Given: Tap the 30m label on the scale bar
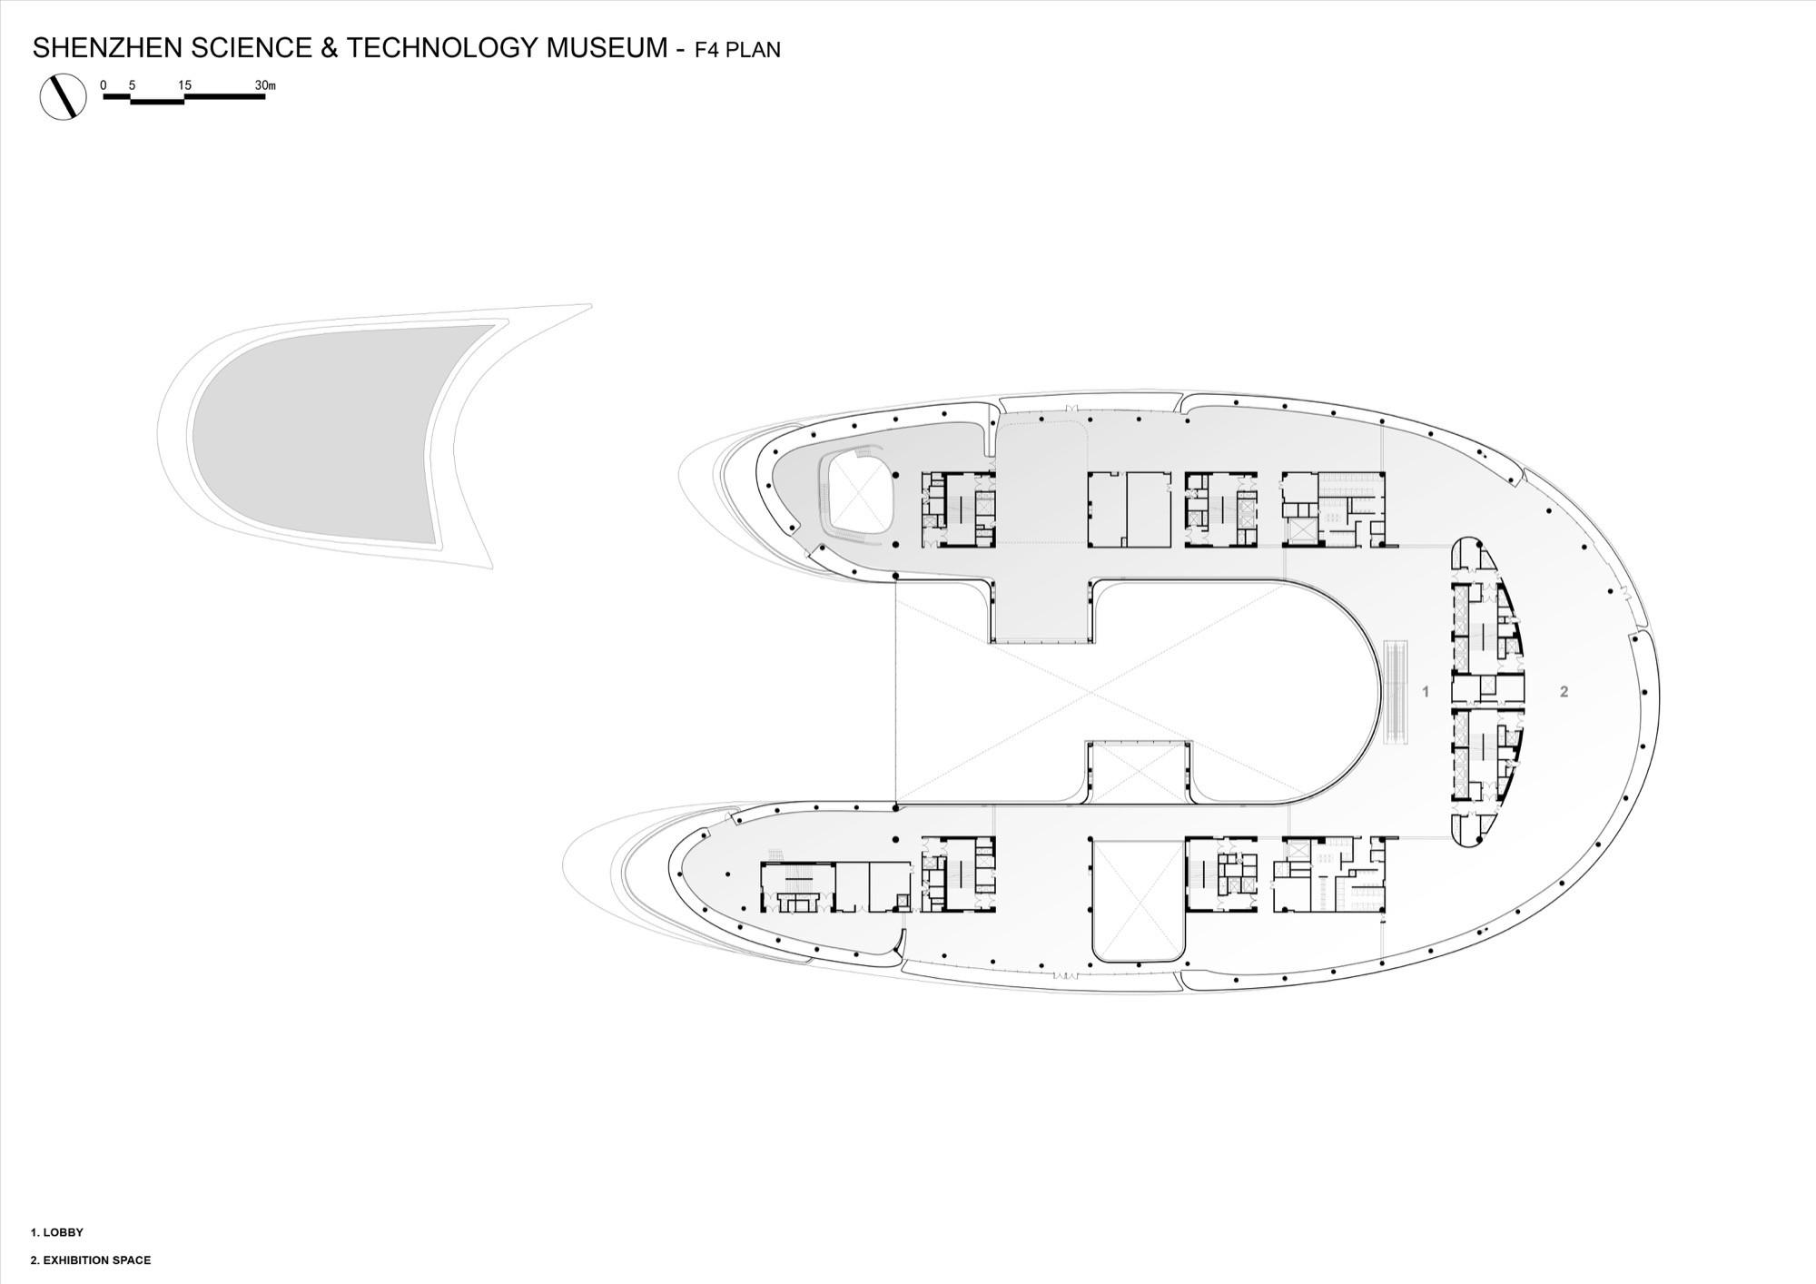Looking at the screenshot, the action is pos(265,85).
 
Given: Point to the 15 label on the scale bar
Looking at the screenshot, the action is pos(184,85).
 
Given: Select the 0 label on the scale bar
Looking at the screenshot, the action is pos(104,85).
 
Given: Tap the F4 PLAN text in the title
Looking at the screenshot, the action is pos(737,49).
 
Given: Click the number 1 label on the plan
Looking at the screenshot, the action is pos(1426,692).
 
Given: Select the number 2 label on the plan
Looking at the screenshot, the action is pos(1564,692).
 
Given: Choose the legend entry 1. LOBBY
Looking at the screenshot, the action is pos(57,1232).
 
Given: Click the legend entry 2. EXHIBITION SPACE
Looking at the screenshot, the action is pos(91,1260).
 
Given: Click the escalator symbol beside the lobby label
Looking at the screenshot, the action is pos(1394,693).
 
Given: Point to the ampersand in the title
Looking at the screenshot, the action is pos(328,47).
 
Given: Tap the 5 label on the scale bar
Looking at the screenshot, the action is pos(133,85).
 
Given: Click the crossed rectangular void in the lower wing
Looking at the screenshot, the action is pos(1139,899).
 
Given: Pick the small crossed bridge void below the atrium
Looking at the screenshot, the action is pos(1139,773).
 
